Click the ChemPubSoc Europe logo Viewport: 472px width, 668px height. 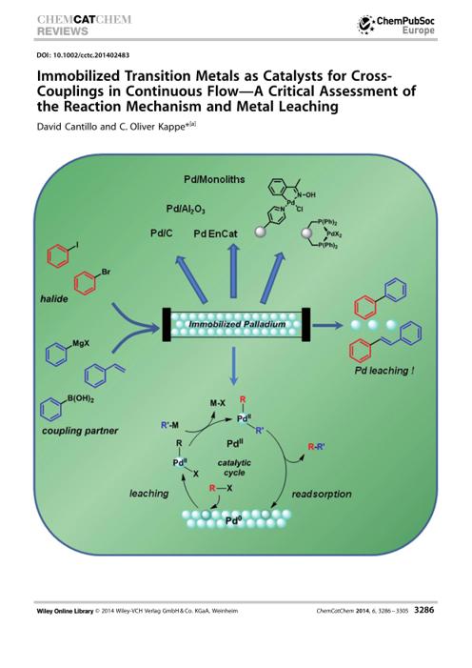(x=396, y=25)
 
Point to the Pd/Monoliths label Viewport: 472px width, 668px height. (x=214, y=179)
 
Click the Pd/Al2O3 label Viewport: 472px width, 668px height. (x=186, y=210)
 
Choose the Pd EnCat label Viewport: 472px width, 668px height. (x=215, y=233)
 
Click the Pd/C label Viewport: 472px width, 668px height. (x=162, y=233)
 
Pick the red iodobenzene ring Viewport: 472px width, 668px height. (x=57, y=257)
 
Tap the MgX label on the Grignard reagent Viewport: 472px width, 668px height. (x=81, y=343)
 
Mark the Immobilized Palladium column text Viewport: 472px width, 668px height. (x=237, y=324)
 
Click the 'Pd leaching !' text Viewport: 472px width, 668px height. (x=384, y=371)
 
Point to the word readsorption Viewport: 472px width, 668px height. (x=322, y=495)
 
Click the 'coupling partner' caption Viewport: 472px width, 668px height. (x=80, y=431)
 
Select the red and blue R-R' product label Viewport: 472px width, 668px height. (x=317, y=447)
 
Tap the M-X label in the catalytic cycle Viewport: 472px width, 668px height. (x=218, y=402)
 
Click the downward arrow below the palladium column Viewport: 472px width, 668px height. (x=233, y=366)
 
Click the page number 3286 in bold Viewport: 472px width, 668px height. (x=424, y=610)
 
